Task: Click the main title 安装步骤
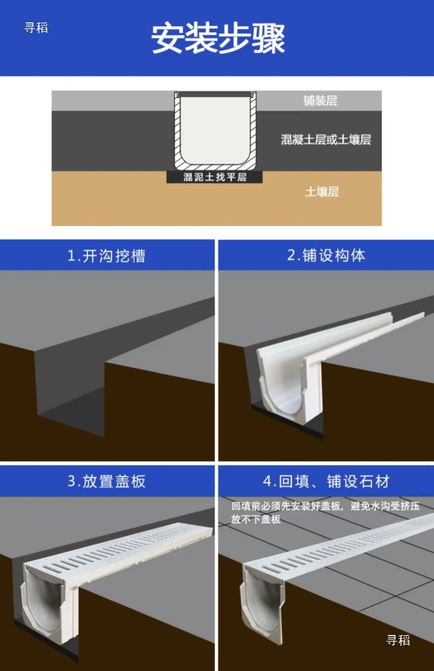click(218, 38)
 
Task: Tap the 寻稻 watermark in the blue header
click(36, 28)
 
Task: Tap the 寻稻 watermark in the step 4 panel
click(398, 640)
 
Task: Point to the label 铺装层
click(320, 101)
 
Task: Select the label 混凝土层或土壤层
click(326, 140)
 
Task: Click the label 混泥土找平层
click(215, 177)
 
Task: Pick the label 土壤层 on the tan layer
click(322, 192)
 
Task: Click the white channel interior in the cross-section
click(215, 129)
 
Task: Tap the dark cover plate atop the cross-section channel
click(215, 94)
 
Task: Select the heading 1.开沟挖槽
click(106, 256)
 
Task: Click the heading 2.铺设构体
click(326, 255)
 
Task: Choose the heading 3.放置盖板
click(106, 481)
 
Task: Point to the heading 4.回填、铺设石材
click(326, 481)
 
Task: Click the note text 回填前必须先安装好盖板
click(286, 506)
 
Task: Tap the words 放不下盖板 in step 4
click(256, 519)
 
